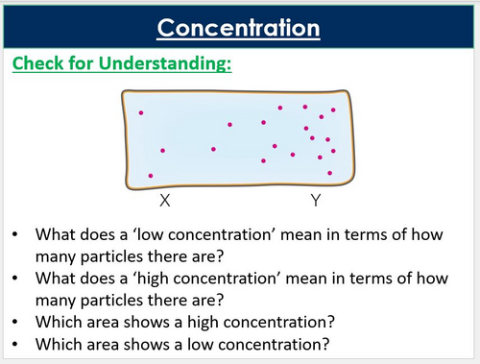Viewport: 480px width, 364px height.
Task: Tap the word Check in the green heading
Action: tap(39, 64)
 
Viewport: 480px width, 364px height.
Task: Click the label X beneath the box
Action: tap(165, 201)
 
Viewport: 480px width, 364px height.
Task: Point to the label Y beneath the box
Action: tap(315, 201)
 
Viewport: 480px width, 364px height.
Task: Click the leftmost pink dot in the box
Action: tap(141, 113)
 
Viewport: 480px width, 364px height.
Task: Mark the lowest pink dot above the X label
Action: tap(151, 176)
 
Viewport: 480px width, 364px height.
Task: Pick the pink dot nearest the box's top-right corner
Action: tap(333, 110)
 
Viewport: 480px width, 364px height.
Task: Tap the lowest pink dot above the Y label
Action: tap(329, 173)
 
